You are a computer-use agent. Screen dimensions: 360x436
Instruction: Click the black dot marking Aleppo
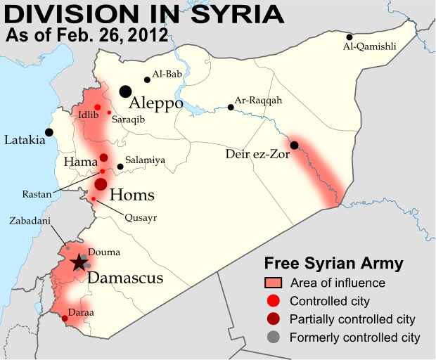(125, 91)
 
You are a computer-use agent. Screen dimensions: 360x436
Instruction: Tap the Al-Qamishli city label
(369, 47)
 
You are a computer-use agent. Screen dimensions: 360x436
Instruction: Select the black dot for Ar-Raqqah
(231, 108)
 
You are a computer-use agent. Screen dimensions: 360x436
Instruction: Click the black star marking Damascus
(79, 263)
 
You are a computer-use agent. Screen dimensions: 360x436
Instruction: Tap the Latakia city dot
(49, 131)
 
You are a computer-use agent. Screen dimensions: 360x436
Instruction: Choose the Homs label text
(132, 195)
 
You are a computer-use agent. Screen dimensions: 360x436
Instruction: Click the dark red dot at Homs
(101, 184)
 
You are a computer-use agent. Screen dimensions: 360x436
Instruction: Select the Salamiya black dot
(120, 167)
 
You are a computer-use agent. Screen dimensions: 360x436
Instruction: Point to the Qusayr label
(141, 217)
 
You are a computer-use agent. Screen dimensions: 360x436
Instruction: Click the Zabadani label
(29, 220)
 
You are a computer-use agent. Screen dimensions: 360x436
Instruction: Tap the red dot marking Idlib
(98, 107)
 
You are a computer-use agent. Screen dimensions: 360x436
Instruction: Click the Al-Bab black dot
(147, 79)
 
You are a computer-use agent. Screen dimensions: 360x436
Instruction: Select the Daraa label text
(82, 311)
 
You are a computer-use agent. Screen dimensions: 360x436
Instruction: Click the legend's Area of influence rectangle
(274, 283)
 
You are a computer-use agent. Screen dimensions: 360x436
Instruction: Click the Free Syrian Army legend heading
(333, 264)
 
